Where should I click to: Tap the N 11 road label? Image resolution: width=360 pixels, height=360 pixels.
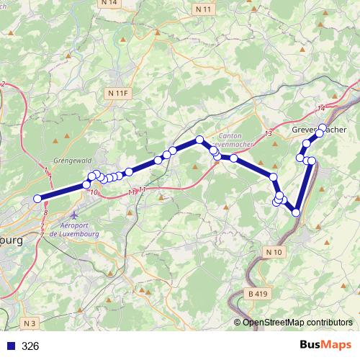[204, 9]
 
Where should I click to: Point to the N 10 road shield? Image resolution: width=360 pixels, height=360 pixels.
[274, 252]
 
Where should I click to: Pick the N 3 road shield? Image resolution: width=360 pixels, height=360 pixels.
[28, 323]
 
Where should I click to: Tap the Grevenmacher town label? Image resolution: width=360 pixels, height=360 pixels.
[320, 130]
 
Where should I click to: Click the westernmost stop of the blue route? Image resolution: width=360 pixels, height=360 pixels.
[38, 199]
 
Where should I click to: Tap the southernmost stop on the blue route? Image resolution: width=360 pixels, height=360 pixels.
[296, 212]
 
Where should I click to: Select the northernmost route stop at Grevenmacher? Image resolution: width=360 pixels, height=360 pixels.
[323, 127]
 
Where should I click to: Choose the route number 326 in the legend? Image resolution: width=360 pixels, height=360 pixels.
[30, 346]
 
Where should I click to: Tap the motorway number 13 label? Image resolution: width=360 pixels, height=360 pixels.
[268, 135]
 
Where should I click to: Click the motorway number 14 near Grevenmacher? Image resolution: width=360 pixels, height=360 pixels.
[321, 107]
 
